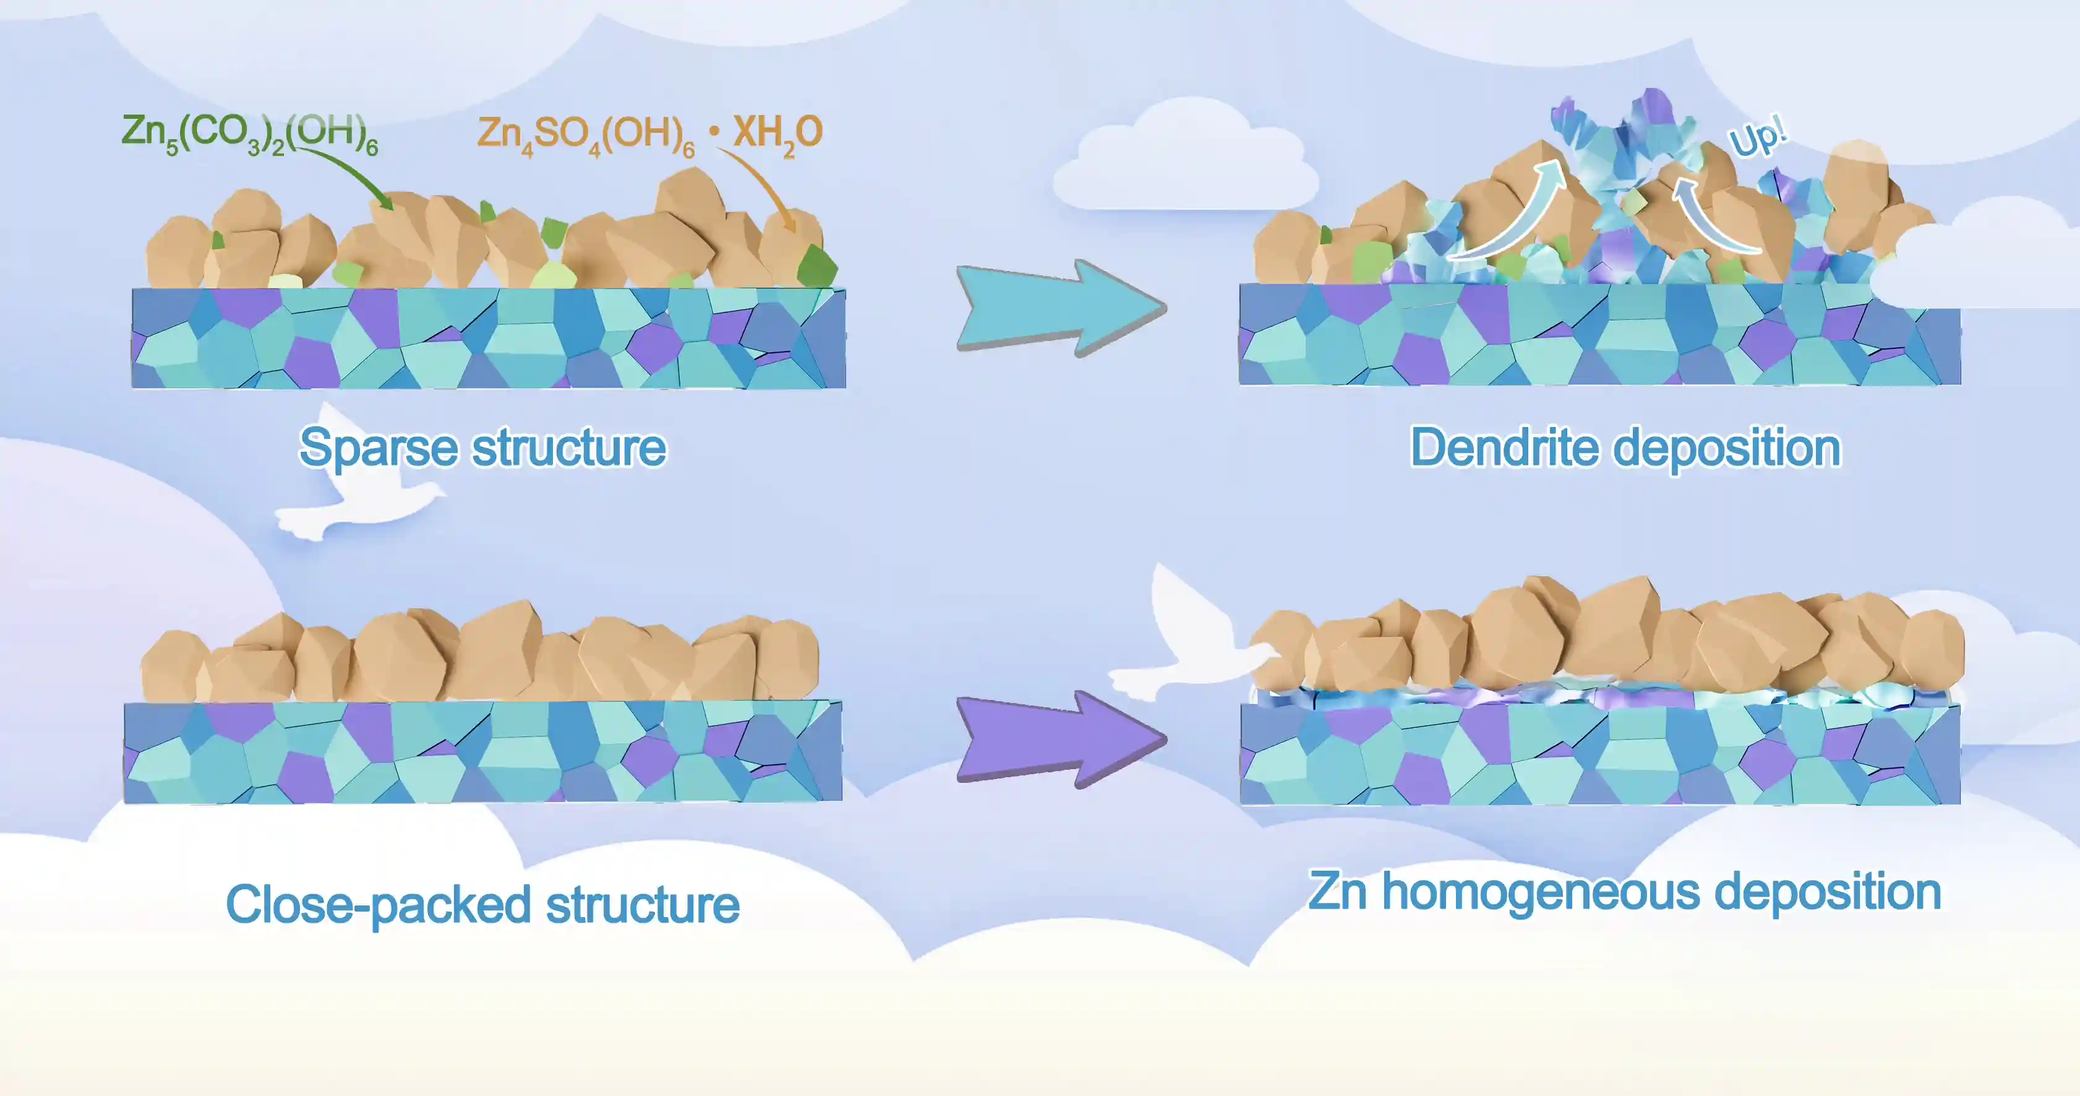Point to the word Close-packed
378,905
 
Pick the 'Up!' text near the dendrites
1758,137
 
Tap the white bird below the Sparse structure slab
355,485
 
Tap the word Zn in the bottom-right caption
1337,892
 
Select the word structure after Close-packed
643,905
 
